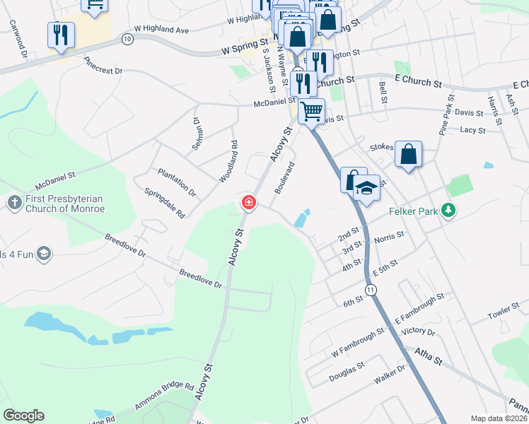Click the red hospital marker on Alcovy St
248,204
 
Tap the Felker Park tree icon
447,210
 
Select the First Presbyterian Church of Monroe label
65,204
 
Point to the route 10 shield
127,38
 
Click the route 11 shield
370,290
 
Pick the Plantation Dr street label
177,182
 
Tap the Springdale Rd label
164,203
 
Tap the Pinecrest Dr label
103,66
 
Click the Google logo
23,416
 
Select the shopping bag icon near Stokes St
408,155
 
